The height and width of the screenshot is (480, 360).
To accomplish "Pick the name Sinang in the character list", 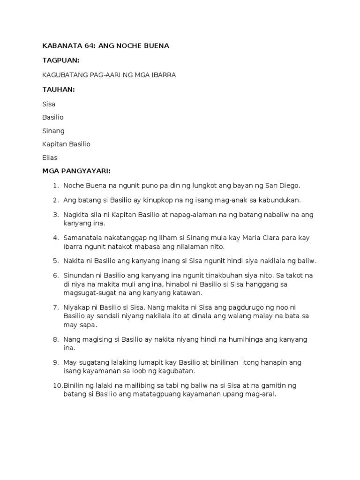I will click(53, 131).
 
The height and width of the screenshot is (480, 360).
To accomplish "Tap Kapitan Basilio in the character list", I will click(67, 144).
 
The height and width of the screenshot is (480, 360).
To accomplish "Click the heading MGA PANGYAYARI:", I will click(76, 172).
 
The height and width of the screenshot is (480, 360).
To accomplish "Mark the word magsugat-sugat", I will click(92, 293).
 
